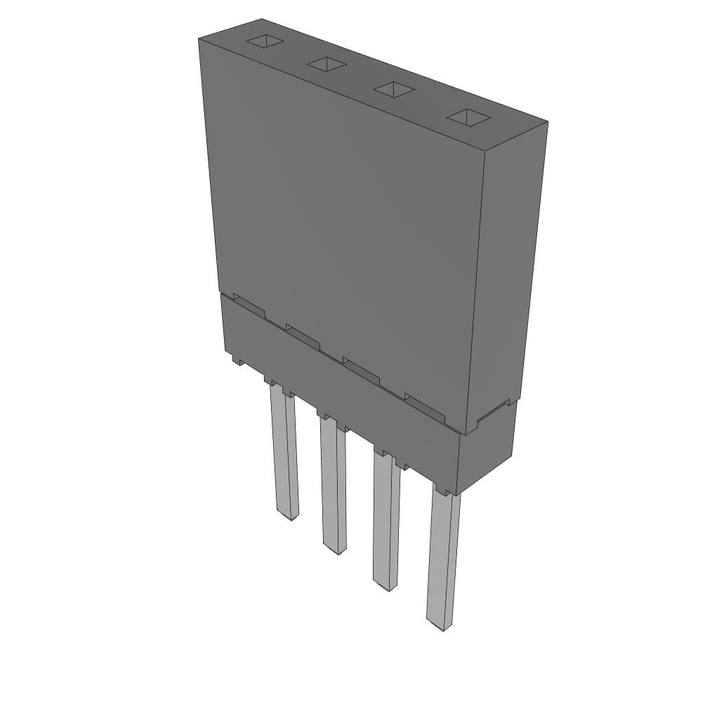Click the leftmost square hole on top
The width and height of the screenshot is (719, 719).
[x=265, y=41]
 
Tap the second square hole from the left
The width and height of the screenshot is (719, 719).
[x=327, y=65]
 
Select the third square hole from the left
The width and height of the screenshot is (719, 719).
[x=394, y=90]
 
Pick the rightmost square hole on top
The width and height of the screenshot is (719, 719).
[x=468, y=117]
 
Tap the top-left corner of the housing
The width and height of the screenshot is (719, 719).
[x=200, y=40]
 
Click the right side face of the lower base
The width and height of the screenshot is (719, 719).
[x=486, y=449]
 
